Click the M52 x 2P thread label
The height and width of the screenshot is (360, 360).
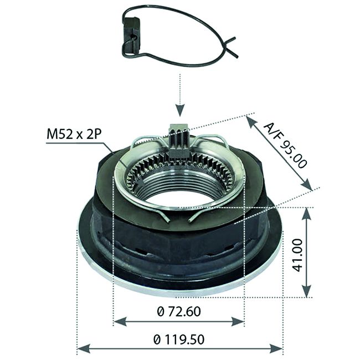coord(74,135)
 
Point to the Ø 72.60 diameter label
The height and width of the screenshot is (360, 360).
coord(178,312)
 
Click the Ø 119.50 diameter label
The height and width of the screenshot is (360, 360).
coord(179,338)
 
